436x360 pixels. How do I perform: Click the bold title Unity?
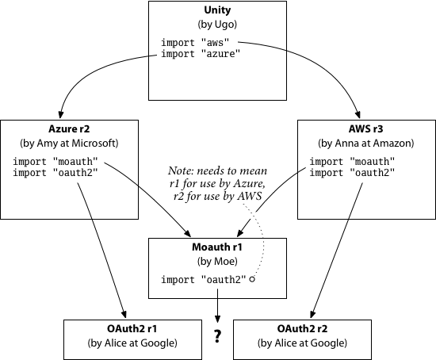[217, 10]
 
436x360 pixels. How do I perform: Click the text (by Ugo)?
[217, 25]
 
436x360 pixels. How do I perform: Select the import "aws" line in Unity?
[195, 43]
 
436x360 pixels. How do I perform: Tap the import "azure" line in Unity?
[201, 53]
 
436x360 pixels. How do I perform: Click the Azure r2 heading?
[69, 129]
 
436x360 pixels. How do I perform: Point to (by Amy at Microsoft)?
[69, 144]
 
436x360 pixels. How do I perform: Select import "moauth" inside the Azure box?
[55, 161]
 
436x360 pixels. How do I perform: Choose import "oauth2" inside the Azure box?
[55, 173]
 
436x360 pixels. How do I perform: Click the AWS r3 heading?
[366, 129]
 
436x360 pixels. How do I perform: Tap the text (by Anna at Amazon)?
[366, 144]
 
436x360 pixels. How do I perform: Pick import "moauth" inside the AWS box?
[352, 161]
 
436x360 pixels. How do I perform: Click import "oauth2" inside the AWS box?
[352, 173]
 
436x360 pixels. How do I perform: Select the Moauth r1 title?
[217, 247]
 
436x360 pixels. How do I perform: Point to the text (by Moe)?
[217, 262]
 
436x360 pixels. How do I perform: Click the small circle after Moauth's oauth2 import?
[252, 279]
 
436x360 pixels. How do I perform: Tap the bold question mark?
[217, 336]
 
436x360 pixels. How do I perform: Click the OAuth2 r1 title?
[132, 329]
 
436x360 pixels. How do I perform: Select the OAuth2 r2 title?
[302, 329]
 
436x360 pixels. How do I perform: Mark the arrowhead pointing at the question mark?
[217, 319]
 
